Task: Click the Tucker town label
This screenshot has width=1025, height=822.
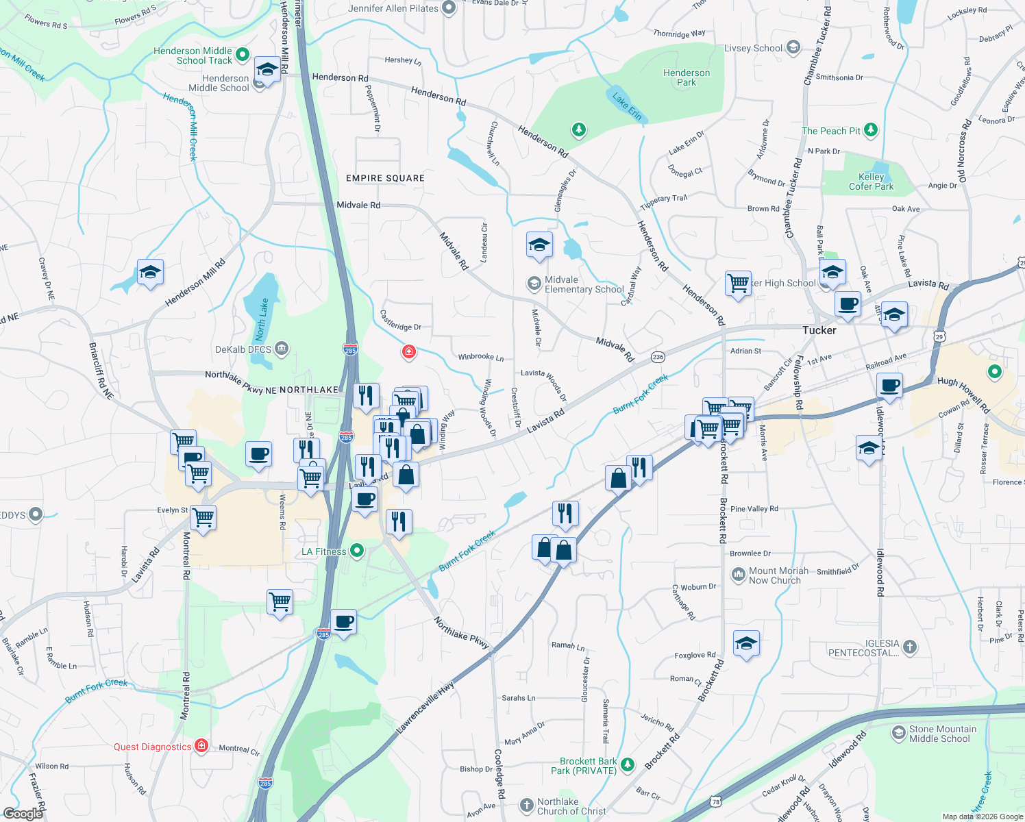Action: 819,330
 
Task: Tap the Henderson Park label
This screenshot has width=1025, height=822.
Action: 687,77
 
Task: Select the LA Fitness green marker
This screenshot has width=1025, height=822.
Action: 356,551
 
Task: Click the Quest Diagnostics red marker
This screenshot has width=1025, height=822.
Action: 201,746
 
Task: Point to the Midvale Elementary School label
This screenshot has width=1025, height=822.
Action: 584,284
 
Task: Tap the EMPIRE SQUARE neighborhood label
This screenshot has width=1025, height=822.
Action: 385,178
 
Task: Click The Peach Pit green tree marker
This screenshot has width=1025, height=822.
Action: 871,130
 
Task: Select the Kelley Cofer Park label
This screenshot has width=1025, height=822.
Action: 871,182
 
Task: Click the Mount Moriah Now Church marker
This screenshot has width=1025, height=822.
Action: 738,574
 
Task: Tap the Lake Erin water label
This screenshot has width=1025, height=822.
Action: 627,107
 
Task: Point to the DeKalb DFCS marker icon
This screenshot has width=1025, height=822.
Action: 282,349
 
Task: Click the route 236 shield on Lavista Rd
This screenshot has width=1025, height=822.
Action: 658,357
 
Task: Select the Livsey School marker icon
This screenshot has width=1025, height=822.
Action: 793,47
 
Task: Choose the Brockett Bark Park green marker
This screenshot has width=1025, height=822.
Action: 628,764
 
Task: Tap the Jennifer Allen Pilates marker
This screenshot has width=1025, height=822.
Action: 449,8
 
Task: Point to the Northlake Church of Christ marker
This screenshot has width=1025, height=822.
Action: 526,806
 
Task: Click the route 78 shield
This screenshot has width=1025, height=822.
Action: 716,801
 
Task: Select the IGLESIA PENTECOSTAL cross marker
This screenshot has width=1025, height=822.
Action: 909,647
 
